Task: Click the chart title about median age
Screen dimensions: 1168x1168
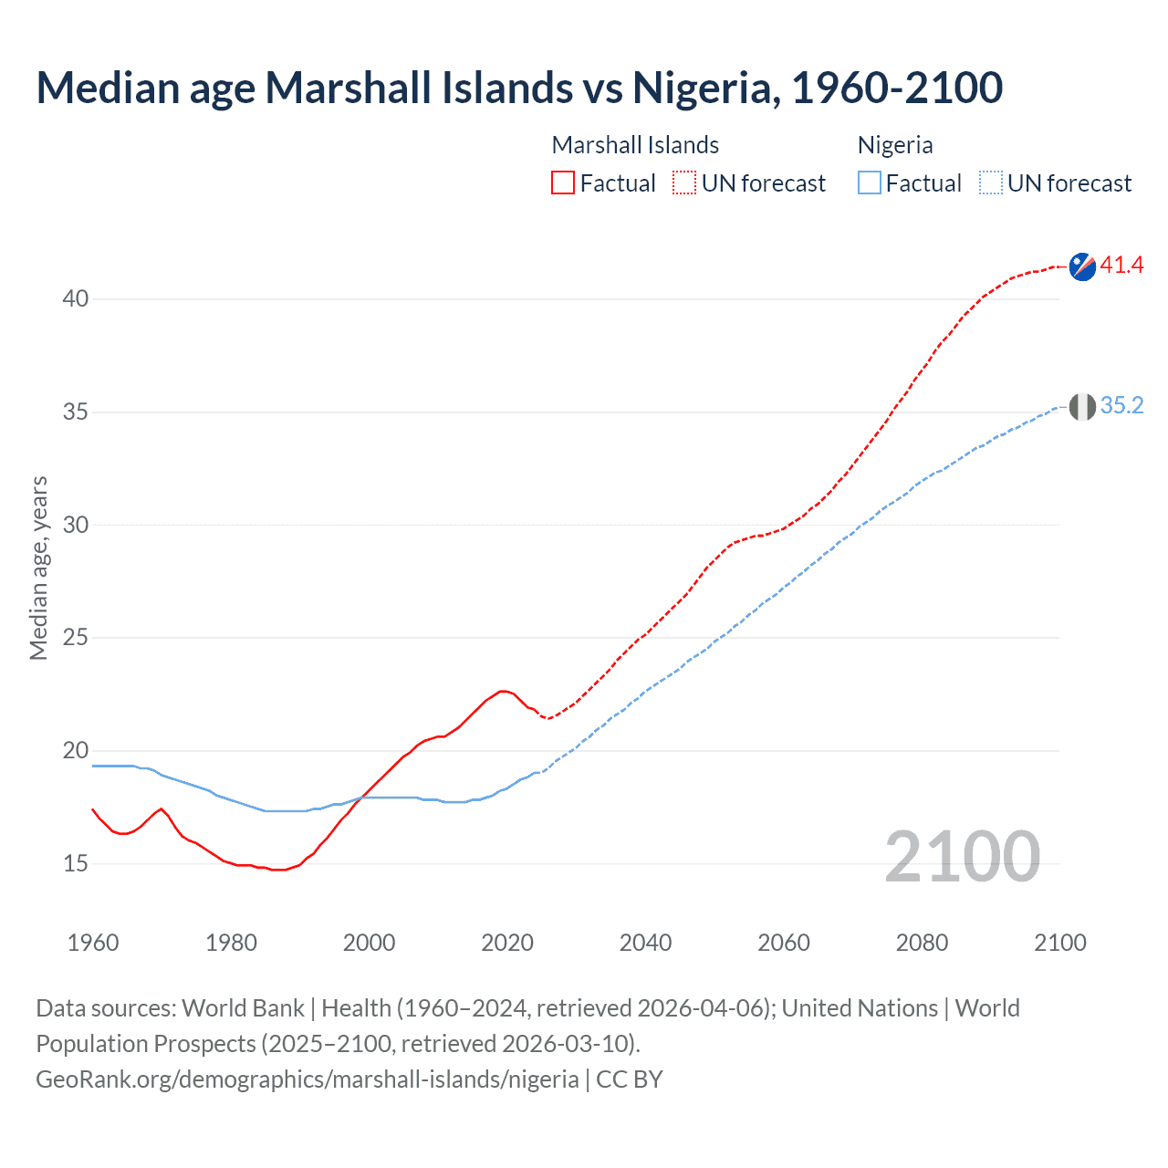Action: (x=519, y=88)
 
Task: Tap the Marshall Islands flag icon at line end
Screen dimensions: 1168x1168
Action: (x=1082, y=266)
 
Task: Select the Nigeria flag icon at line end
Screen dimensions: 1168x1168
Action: (x=1082, y=407)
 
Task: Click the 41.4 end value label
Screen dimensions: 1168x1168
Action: (x=1121, y=266)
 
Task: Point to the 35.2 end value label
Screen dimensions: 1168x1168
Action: (x=1121, y=406)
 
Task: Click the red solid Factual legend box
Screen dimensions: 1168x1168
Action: (x=563, y=183)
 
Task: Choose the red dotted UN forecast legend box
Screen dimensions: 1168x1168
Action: (x=684, y=183)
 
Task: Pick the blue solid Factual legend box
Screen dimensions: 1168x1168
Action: (x=870, y=183)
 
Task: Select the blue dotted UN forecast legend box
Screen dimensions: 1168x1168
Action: (x=991, y=183)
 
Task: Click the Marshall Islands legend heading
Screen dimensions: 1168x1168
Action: (x=635, y=145)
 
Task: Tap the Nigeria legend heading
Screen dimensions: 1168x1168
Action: (x=895, y=145)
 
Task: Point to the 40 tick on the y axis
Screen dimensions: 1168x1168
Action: (x=76, y=299)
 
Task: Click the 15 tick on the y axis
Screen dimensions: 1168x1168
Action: (x=76, y=863)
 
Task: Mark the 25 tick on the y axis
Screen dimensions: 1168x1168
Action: (x=76, y=638)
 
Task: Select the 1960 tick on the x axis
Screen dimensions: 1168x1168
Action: (x=93, y=943)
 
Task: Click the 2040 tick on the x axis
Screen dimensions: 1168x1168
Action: (x=645, y=943)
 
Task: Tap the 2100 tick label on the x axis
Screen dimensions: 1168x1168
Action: (x=1059, y=943)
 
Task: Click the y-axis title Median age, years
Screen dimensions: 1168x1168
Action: (x=38, y=568)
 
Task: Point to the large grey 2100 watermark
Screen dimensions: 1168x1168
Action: (x=962, y=857)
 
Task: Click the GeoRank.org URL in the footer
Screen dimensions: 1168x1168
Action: (x=307, y=1079)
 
